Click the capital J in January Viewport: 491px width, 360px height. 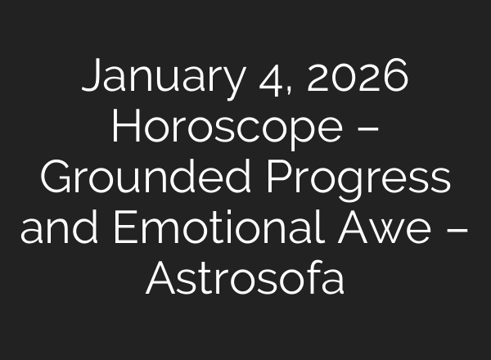click(92, 79)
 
